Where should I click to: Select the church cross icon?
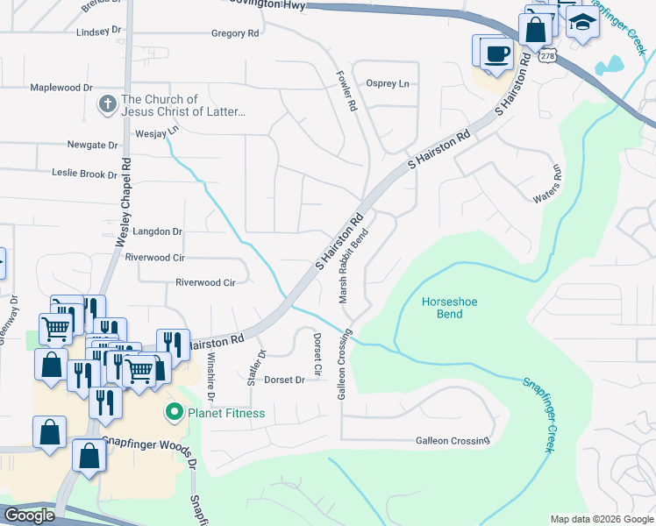click(x=106, y=105)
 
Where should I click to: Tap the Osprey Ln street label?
click(x=388, y=83)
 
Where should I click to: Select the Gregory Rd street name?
click(x=236, y=33)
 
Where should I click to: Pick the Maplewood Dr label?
click(x=61, y=88)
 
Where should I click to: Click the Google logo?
click(x=28, y=515)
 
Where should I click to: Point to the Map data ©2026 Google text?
click(x=602, y=519)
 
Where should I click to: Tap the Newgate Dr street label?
click(x=92, y=145)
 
